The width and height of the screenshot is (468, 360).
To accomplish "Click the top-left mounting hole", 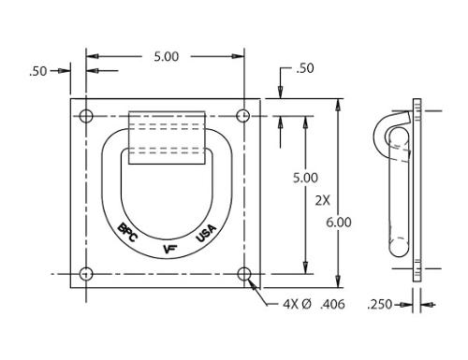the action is coord(86,116).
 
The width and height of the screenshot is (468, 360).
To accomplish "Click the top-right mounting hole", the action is coord(243,116).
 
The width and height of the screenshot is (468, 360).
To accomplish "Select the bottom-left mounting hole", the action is coord(86,274).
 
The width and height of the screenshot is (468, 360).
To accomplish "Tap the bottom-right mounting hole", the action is coord(244,274).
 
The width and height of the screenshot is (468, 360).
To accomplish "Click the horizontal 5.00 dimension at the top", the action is coord(167,57).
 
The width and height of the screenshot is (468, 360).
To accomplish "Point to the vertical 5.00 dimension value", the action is coord(305,178).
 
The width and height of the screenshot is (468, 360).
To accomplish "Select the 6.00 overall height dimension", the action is coord(339,223).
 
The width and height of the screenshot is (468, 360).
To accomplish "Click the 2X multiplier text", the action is coord(322,200).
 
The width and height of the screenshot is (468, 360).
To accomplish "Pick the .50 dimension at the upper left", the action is coord(38,71).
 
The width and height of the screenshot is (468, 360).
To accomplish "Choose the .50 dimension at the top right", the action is coord(305,68).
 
